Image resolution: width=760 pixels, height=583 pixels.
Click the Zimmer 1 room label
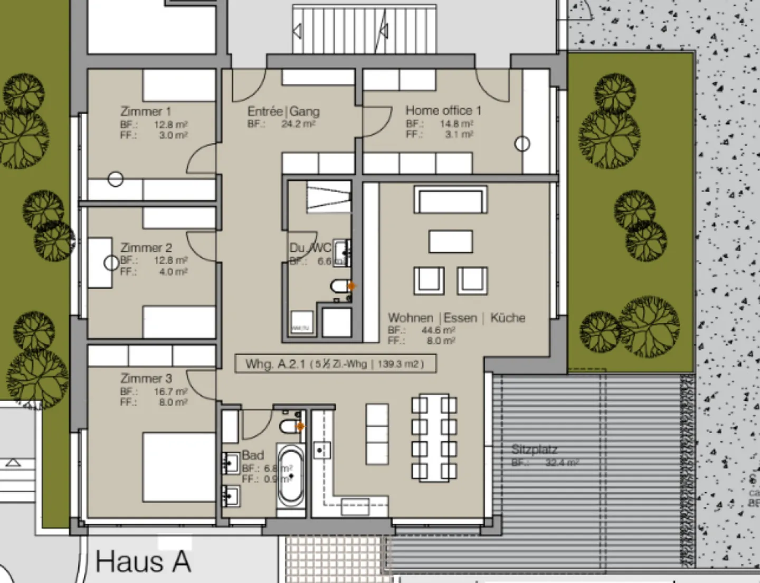[146, 111]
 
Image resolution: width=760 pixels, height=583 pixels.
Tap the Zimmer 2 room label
[146, 247]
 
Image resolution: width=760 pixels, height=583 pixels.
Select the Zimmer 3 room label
[146, 378]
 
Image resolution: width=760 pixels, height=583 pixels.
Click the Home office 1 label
[443, 110]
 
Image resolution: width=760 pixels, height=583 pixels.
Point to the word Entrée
[265, 111]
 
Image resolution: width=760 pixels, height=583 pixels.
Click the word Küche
[508, 318]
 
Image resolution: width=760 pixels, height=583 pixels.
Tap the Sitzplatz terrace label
[534, 450]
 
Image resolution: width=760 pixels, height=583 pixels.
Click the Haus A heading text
[143, 561]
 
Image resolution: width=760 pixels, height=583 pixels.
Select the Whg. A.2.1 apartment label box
[336, 364]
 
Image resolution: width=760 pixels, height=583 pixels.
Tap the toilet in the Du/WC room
[338, 286]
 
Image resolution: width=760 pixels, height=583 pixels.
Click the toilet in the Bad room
[289, 426]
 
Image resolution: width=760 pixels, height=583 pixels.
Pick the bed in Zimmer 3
[178, 467]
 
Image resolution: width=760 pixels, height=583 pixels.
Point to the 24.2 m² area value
[298, 124]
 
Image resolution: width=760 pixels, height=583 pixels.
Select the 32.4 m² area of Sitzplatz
[562, 463]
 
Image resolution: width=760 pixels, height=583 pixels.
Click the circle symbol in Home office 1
[522, 144]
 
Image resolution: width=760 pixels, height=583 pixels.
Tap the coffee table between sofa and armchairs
[450, 242]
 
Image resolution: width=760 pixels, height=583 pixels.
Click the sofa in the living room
[451, 200]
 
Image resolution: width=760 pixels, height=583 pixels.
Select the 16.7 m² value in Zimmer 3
[170, 391]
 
